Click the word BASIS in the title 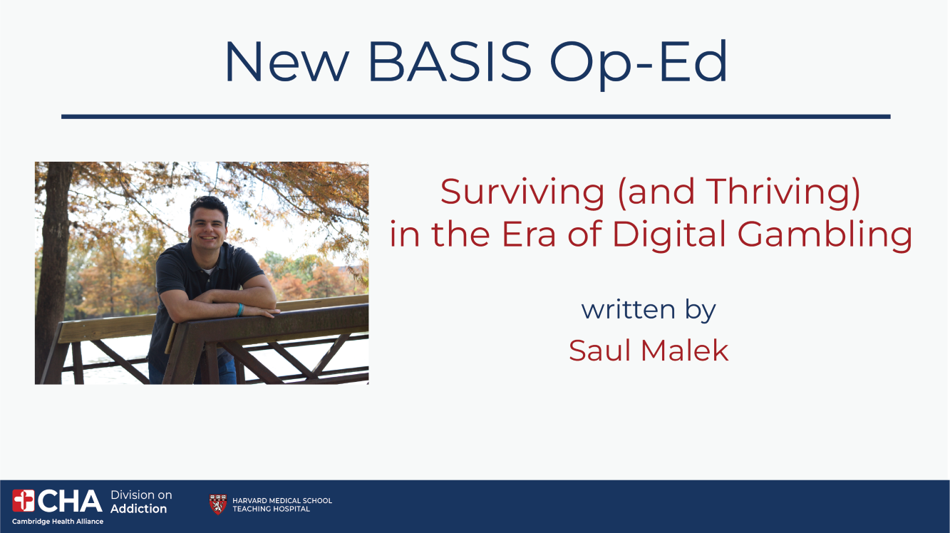[450, 61]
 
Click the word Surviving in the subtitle [522, 193]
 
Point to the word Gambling [825, 235]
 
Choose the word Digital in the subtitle [670, 235]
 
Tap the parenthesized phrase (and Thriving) [739, 193]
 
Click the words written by [649, 310]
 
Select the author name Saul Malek [649, 351]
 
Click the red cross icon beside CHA [24, 501]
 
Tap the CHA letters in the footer [70, 501]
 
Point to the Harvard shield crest [218, 504]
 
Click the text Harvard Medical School [282, 500]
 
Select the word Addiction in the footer [139, 509]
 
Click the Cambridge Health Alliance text [58, 522]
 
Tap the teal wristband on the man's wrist [239, 309]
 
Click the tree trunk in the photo [53, 271]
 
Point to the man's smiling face [208, 227]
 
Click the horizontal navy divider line [476, 117]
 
